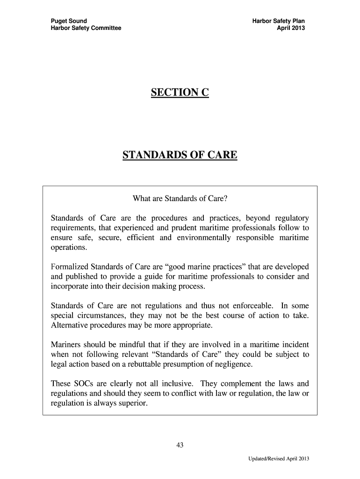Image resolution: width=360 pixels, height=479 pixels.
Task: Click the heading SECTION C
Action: point(180,94)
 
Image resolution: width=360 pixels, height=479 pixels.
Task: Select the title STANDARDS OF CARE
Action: point(180,155)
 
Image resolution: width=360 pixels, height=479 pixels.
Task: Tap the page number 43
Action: point(180,445)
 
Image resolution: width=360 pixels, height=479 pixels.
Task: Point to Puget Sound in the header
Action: point(69,21)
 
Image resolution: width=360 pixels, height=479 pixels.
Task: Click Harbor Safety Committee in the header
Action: point(86,28)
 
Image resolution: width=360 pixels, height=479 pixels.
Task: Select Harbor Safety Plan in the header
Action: point(279,21)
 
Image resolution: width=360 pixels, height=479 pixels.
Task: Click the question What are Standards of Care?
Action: point(180,199)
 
